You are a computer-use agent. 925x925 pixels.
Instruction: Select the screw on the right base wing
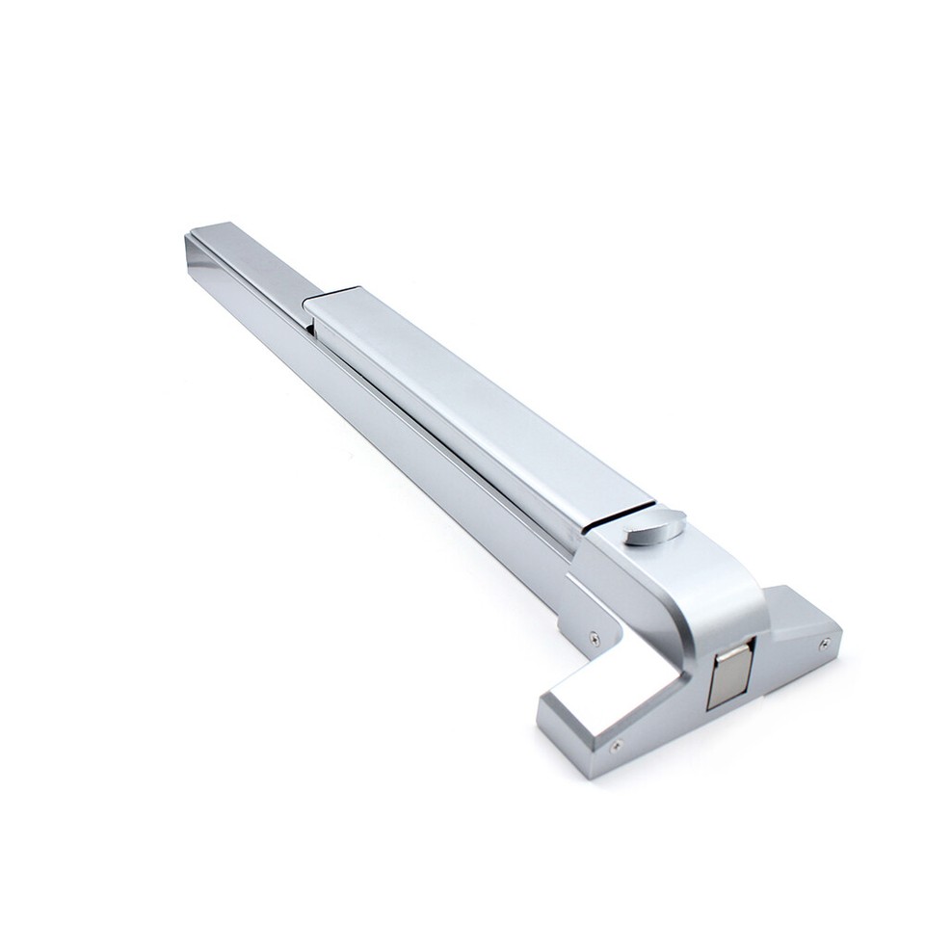pos(824,643)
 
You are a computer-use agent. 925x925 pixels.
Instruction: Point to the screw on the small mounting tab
pos(594,637)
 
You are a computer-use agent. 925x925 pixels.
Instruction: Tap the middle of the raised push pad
pos(472,405)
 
